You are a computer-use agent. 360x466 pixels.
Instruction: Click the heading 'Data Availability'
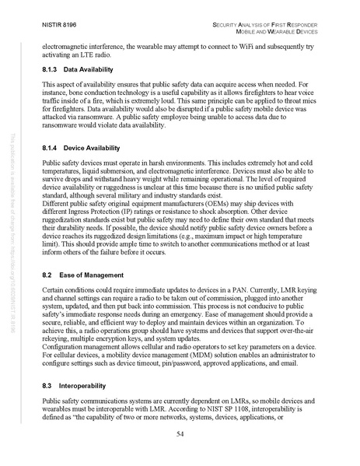pyautogui.click(x=90, y=69)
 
